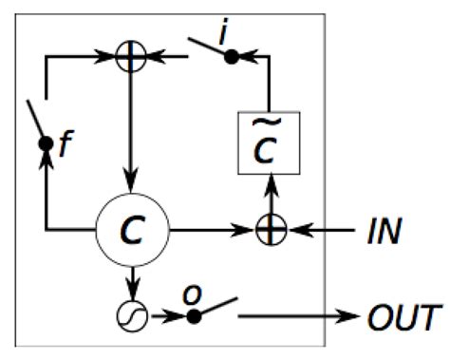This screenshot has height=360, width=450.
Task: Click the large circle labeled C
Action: (131, 229)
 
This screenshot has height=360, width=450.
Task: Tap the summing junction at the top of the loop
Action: (131, 57)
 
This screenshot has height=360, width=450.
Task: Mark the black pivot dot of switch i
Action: (228, 57)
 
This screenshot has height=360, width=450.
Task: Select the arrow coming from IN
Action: (318, 229)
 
